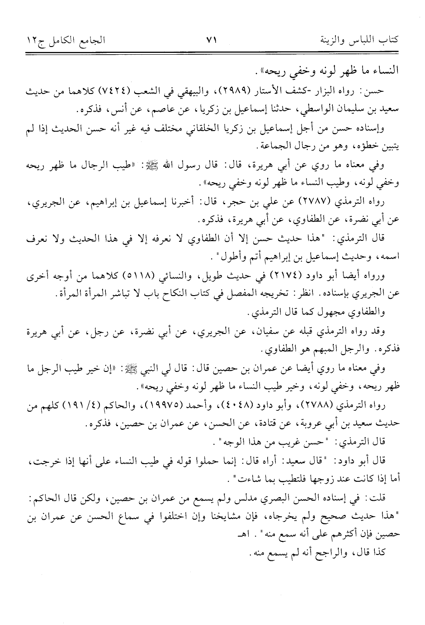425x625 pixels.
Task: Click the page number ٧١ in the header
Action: (x=212, y=40)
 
